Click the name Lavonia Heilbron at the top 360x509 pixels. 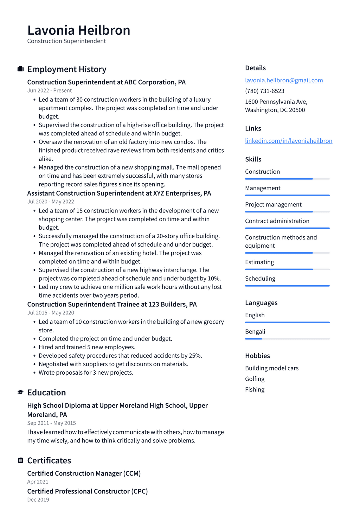79,30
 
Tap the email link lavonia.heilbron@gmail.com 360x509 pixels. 284,80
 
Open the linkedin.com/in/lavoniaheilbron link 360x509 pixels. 288,141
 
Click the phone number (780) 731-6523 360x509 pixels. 264,91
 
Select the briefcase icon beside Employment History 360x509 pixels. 20,69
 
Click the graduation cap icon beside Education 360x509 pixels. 20,392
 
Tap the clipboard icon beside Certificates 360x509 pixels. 20,460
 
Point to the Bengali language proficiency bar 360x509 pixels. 287,339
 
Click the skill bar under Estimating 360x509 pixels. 287,269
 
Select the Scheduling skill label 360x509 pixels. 260,279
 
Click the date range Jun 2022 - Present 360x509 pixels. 50,90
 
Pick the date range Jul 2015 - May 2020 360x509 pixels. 51,313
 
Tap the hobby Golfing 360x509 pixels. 255,379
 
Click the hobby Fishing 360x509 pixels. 255,389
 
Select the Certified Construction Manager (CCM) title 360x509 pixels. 84,473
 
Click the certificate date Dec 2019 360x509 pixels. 38,500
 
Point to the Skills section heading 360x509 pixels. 253,159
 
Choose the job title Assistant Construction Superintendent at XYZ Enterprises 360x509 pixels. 119,193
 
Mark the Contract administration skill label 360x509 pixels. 277,221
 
